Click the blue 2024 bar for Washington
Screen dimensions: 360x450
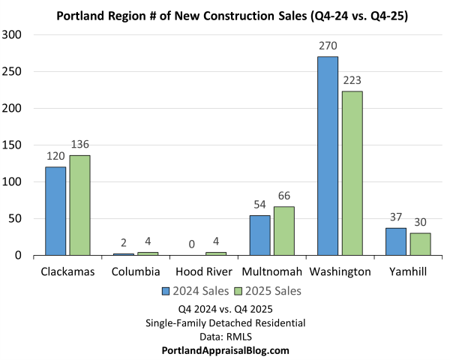(327, 156)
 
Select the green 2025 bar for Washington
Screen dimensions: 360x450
(352, 173)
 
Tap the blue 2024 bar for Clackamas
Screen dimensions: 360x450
(55, 211)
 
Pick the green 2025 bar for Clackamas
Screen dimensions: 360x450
(80, 205)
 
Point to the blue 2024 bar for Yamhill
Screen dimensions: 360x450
(396, 241)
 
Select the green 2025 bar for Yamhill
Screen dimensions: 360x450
(421, 244)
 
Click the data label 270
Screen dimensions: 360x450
(328, 46)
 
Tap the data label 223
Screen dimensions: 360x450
(352, 81)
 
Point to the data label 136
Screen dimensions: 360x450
(80, 145)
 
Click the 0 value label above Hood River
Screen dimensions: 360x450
(191, 244)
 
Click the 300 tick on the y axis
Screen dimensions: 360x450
(14, 34)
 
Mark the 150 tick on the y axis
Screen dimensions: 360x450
(14, 145)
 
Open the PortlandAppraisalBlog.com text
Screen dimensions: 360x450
(225, 350)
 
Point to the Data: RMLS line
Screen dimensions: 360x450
(225, 337)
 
